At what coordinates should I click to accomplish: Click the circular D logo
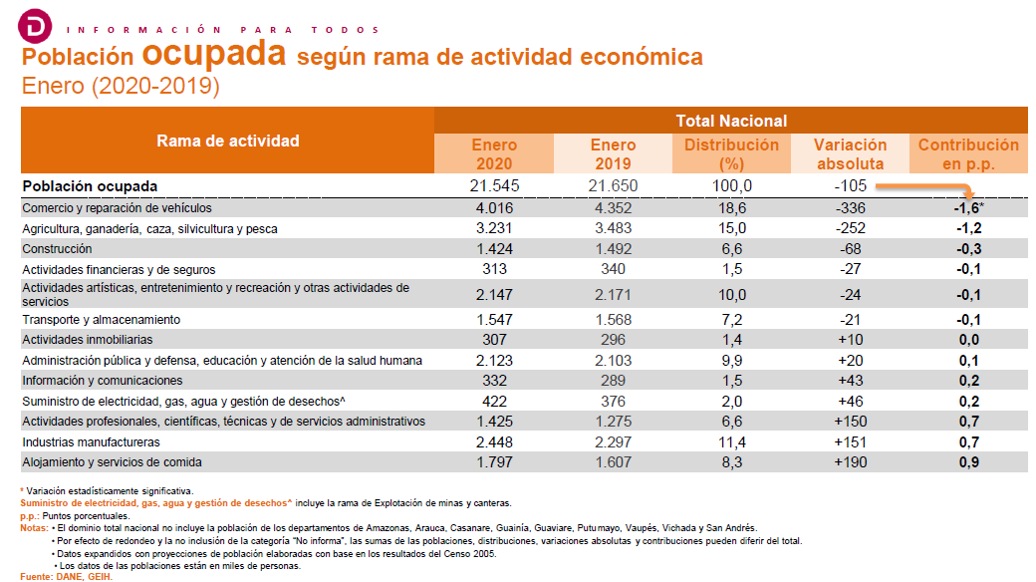coord(35,27)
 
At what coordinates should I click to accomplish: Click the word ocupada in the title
coord(214,53)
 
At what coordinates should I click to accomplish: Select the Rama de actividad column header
coord(228,141)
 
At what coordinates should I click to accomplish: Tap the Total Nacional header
coord(731,121)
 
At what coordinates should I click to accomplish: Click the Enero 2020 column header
coord(494,154)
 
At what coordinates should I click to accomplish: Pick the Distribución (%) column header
coord(731,154)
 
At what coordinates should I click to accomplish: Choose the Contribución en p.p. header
coord(968,154)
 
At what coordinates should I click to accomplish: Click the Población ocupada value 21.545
coord(494,185)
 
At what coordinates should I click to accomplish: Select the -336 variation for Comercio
coord(851,207)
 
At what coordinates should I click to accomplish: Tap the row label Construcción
coord(57,249)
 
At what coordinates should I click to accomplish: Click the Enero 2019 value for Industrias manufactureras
coord(614,441)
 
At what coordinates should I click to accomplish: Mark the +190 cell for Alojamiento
coord(851,462)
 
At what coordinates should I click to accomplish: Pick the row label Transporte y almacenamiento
coord(101,320)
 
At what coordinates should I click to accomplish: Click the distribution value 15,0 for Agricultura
coord(732,228)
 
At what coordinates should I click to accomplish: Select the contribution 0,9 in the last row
coord(969,462)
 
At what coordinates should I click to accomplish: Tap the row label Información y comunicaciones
coord(103,381)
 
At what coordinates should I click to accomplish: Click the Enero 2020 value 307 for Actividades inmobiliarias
coord(494,339)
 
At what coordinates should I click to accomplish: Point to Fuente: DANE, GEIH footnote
coord(66,577)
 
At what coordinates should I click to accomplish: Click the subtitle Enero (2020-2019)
coord(121,86)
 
